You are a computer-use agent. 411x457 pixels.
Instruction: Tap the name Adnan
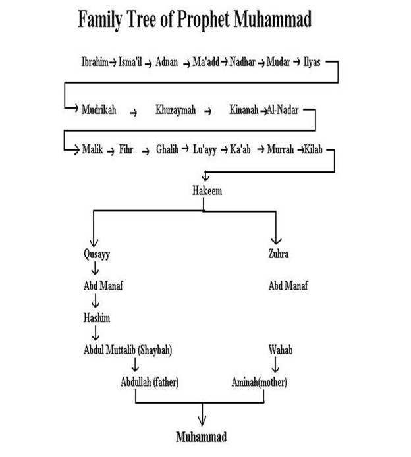coord(167,62)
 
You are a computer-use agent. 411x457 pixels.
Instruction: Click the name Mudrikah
coord(99,110)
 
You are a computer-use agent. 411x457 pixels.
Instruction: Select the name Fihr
coord(126,150)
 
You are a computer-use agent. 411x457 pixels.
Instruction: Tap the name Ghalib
coord(167,150)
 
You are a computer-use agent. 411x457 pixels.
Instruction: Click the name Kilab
coord(314,150)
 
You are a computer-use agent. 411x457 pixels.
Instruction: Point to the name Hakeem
coord(206,192)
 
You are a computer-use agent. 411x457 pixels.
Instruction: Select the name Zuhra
coord(279,253)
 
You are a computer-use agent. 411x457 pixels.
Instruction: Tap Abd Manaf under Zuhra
coord(288,286)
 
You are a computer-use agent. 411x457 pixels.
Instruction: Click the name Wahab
coord(280,350)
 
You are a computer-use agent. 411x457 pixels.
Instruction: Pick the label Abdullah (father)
coord(150,382)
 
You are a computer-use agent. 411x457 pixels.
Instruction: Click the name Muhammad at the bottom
coord(202,437)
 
